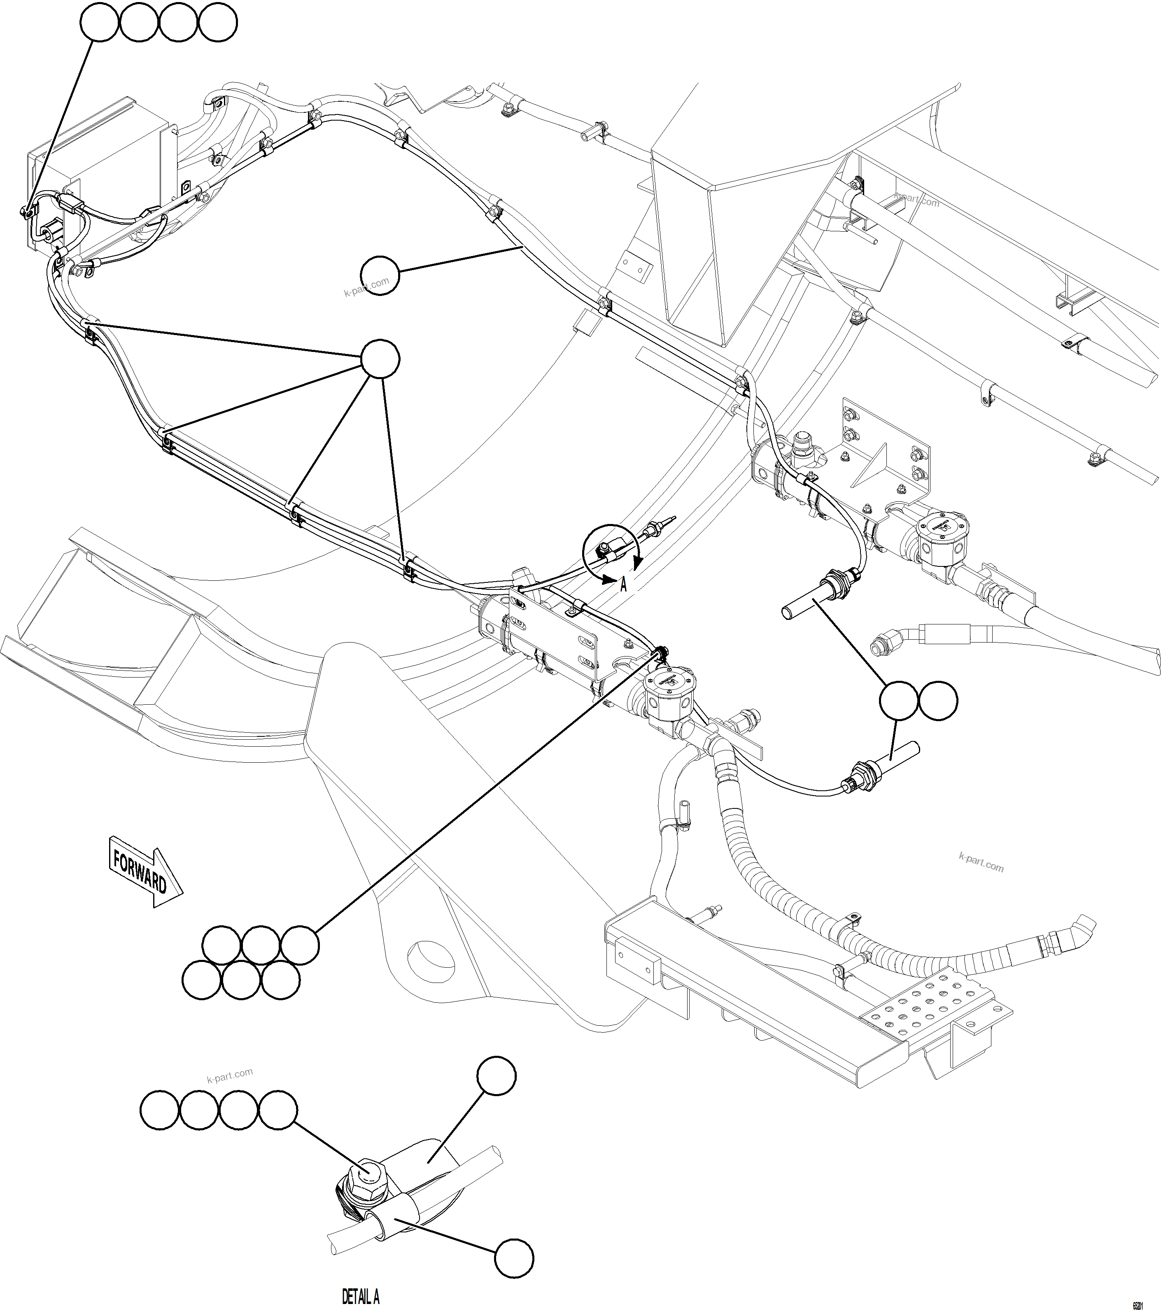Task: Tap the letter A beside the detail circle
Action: (623, 584)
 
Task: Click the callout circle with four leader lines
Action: (380, 359)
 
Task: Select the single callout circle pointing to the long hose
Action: (380, 276)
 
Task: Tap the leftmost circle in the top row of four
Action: (99, 23)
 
